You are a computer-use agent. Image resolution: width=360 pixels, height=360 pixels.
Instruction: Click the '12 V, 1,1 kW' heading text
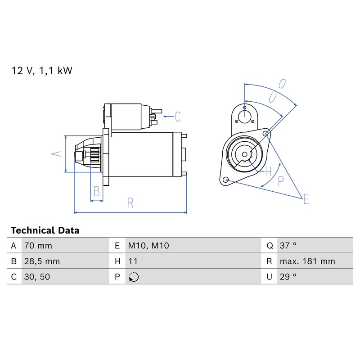(42, 71)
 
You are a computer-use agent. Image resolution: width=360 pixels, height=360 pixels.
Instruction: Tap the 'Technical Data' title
(45, 230)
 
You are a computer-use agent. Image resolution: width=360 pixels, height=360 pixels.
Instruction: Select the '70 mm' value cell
(38, 246)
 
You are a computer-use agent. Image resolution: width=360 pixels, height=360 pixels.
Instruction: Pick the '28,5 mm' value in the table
(42, 261)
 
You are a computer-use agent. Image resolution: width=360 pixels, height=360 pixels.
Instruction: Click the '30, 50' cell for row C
(37, 277)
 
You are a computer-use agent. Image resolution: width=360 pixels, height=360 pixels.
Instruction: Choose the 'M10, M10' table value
(148, 246)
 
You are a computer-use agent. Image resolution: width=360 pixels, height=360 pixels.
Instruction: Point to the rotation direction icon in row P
(134, 277)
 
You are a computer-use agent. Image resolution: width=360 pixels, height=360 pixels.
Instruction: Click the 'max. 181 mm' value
(307, 261)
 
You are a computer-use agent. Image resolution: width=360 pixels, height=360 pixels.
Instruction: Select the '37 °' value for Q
(288, 246)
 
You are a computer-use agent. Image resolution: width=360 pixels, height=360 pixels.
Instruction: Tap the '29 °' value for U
(288, 277)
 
